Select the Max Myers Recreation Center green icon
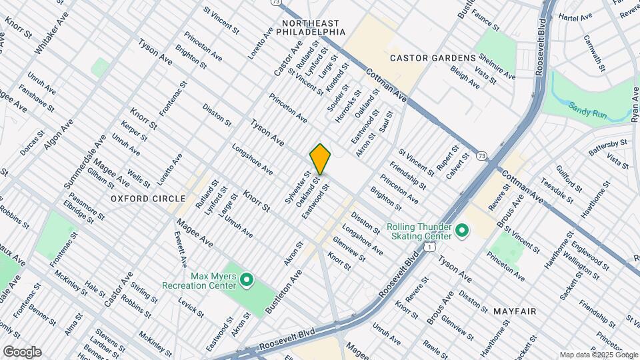[x=247, y=281]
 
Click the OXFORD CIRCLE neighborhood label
[x=148, y=199]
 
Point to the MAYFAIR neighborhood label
[x=516, y=311]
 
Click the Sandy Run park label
[x=587, y=110]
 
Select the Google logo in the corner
[x=21, y=351]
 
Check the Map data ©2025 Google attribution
[x=597, y=354]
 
